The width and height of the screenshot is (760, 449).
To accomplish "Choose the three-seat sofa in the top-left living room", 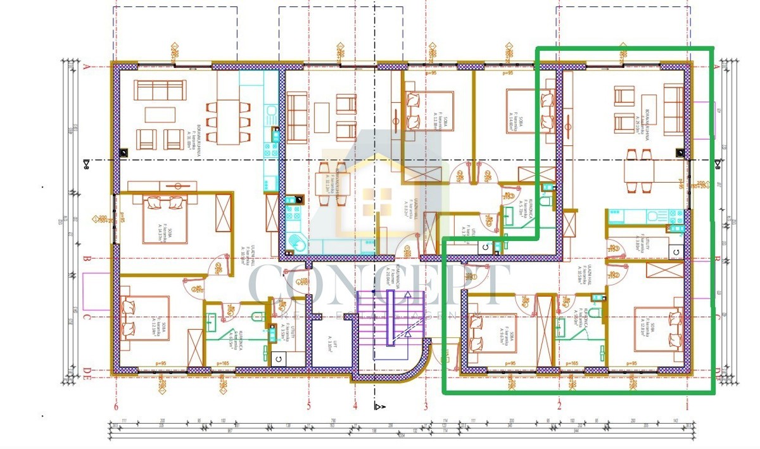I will tap(153, 88).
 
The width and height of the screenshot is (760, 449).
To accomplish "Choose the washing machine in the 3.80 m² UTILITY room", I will tap(675, 252).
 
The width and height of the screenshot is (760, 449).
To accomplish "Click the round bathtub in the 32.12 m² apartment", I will tap(296, 244).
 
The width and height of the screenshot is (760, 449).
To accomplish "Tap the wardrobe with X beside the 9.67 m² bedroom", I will tap(544, 330).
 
